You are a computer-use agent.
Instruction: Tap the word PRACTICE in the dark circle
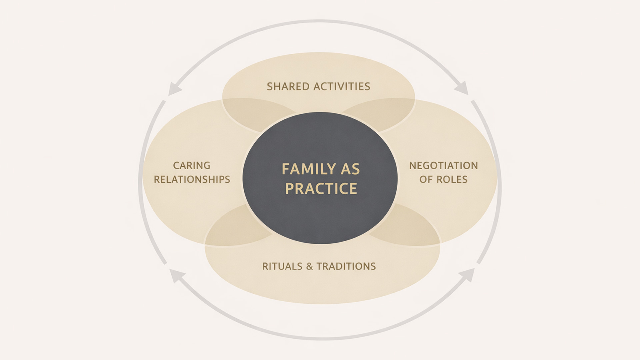(x=321, y=189)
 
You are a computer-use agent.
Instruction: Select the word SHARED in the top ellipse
(x=288, y=87)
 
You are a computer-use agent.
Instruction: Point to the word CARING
(x=192, y=165)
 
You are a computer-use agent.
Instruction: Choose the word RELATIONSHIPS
(x=192, y=179)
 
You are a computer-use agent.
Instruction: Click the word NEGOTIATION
(x=443, y=165)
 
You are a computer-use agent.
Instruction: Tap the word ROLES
(x=452, y=179)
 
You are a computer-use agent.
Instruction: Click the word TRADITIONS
(x=346, y=266)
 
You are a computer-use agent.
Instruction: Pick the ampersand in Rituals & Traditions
(x=310, y=266)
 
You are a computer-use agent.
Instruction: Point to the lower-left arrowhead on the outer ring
(x=176, y=276)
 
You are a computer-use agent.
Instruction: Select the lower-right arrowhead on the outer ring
(x=467, y=275)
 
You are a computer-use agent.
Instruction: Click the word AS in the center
(x=350, y=169)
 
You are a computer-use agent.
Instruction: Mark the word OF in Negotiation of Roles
(x=426, y=179)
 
